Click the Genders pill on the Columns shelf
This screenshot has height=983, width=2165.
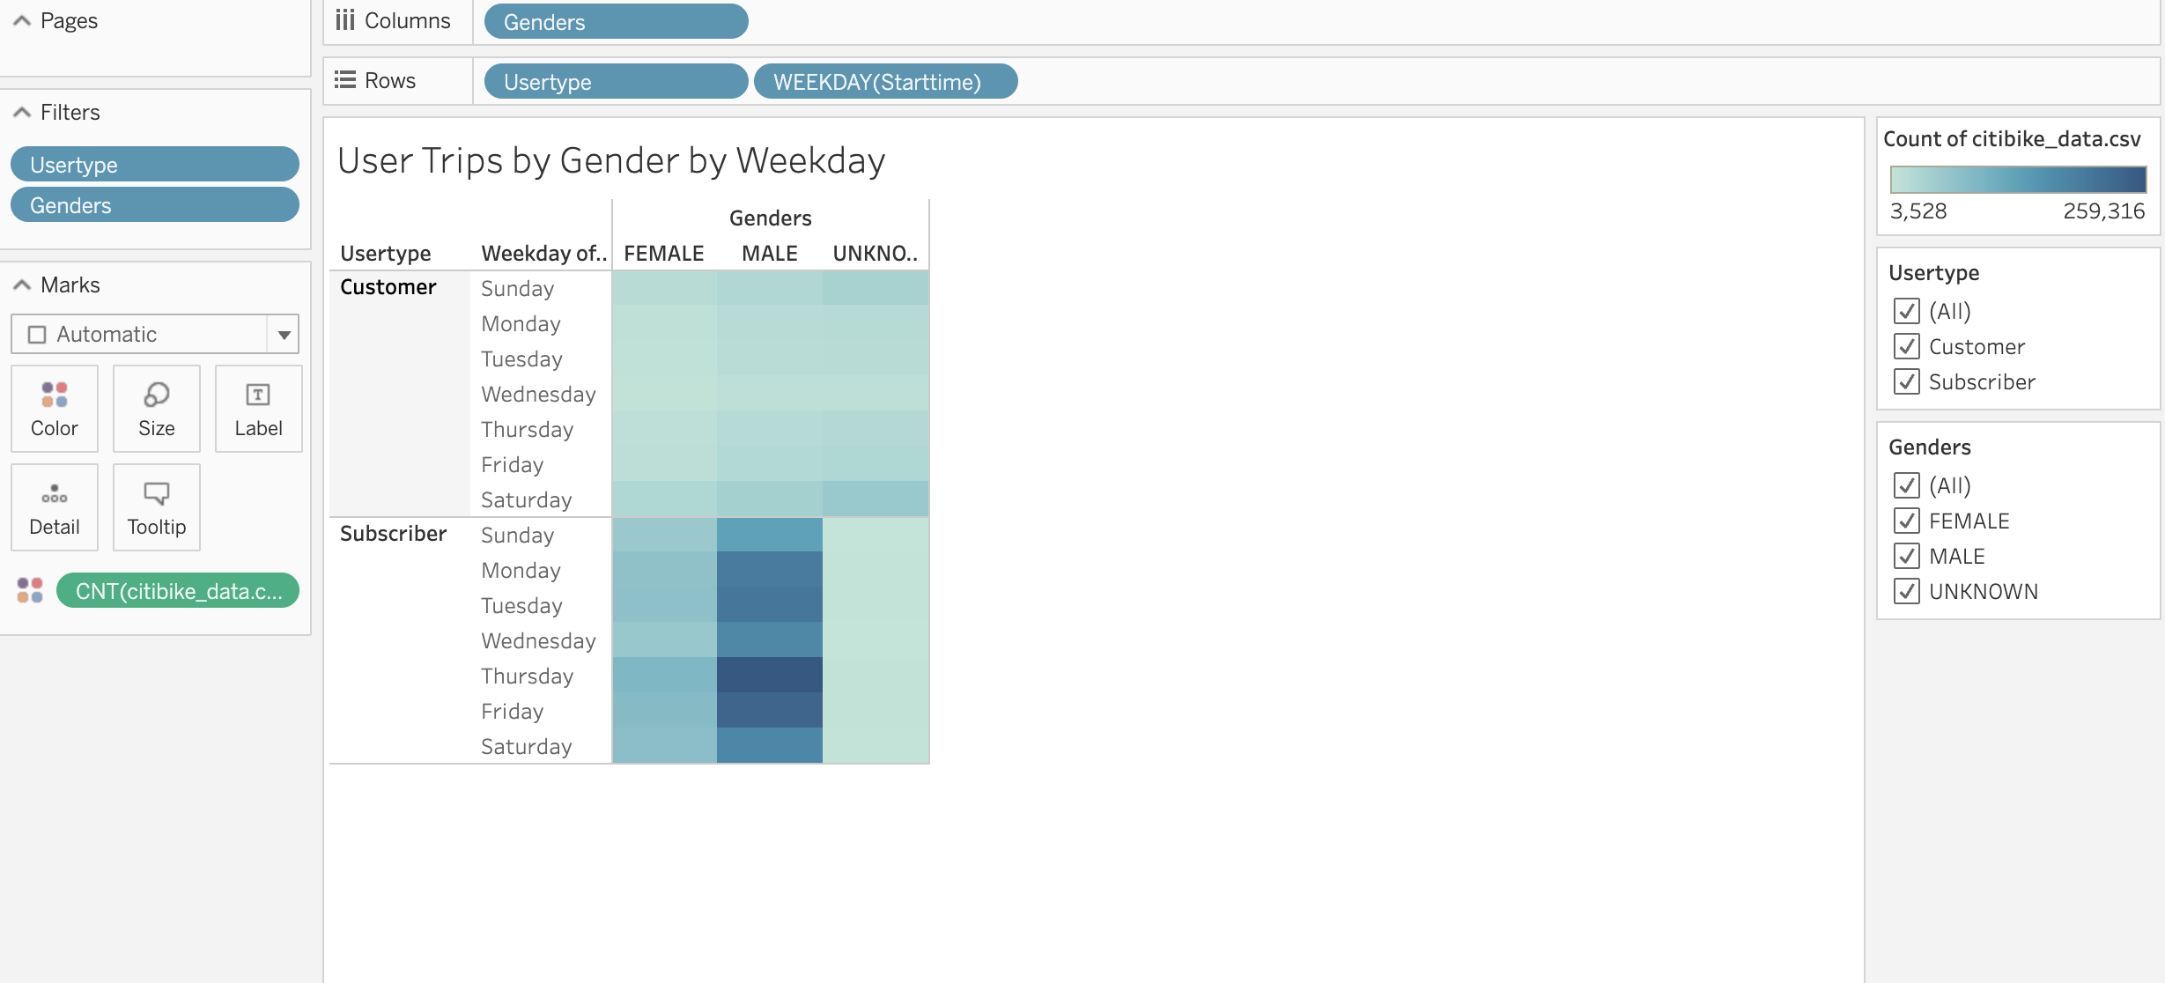click(616, 22)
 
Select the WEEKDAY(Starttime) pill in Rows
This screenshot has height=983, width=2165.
click(885, 82)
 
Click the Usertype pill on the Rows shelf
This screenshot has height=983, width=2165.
click(616, 82)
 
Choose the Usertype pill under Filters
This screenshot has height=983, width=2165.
click(155, 165)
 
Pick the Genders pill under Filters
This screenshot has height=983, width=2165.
click(155, 205)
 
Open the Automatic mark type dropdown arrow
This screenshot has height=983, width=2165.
click(284, 335)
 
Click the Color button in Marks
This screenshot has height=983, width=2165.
click(55, 410)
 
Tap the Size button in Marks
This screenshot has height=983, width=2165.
click(157, 410)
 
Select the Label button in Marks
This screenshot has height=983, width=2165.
click(258, 410)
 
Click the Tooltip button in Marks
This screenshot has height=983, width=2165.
click(157, 508)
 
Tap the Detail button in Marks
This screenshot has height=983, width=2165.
click(55, 508)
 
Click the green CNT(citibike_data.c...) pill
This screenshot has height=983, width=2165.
click(178, 591)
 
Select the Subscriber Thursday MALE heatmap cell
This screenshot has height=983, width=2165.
click(770, 676)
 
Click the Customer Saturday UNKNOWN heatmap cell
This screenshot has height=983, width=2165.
click(876, 499)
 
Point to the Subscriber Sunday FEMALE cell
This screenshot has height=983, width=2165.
click(664, 535)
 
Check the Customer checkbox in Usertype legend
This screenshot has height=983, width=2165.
click(1907, 346)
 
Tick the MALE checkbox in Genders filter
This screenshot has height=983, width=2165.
click(1907, 556)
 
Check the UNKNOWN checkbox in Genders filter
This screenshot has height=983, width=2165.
click(1907, 591)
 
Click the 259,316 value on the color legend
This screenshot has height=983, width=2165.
click(2103, 211)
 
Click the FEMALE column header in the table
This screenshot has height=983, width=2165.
click(664, 254)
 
